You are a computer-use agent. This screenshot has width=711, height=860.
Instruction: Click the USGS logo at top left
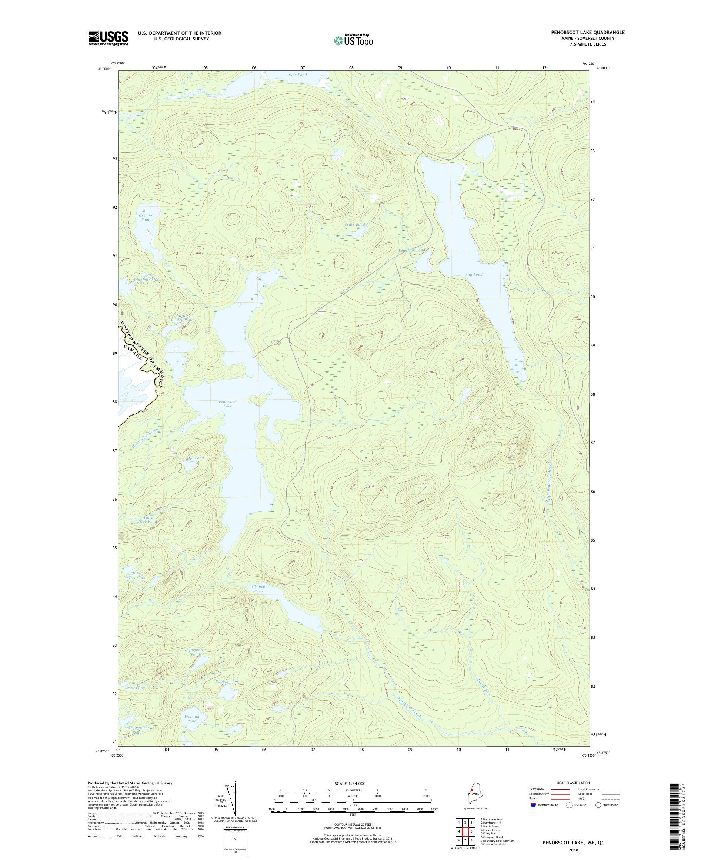click(108, 38)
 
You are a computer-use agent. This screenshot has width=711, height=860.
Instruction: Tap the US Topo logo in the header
click(353, 40)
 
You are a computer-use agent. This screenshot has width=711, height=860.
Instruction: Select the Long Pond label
click(473, 275)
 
